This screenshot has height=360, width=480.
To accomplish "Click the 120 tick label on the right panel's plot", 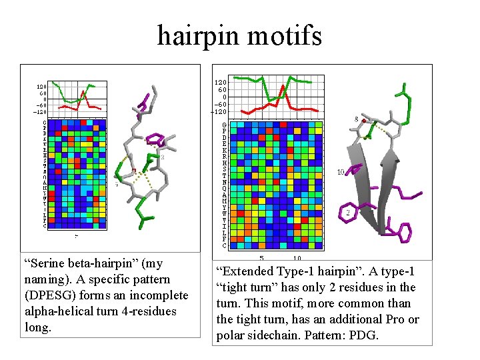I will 220,82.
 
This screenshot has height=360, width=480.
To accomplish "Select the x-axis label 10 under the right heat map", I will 297,258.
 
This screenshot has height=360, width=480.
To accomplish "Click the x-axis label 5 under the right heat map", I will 261,258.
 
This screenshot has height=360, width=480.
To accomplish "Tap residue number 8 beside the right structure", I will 356,119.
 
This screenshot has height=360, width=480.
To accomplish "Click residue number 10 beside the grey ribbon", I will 341,172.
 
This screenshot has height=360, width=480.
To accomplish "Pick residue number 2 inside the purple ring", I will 348,213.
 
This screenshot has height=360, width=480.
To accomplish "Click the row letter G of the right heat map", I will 225,125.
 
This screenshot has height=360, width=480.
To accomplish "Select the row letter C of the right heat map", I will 225,246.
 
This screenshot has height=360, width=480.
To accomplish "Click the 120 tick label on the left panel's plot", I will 41,87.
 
